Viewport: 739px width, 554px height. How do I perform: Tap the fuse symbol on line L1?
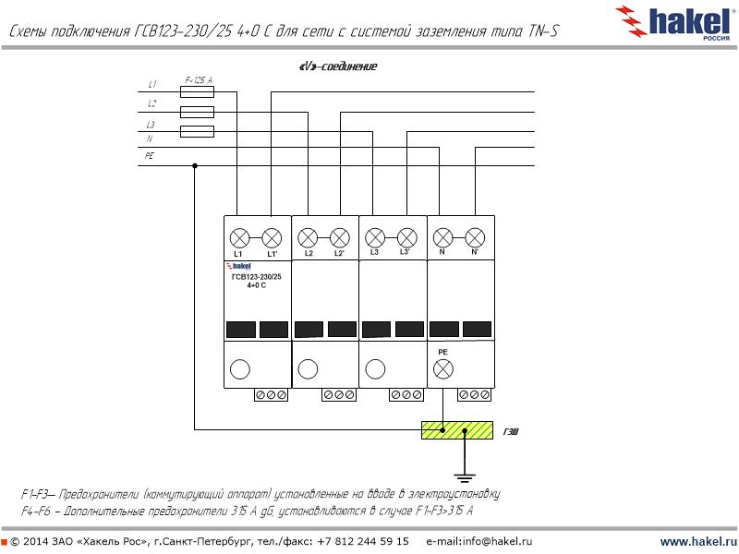[x=197, y=92]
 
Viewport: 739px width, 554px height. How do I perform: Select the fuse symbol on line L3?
[x=197, y=131]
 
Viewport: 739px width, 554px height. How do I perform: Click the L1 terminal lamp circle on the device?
[x=239, y=236]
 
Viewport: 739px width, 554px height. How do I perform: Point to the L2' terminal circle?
[x=339, y=236]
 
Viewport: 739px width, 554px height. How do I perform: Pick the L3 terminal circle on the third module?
[x=374, y=236]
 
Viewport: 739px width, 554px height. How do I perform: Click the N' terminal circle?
[x=475, y=236]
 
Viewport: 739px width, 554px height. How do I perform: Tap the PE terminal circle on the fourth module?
[x=443, y=369]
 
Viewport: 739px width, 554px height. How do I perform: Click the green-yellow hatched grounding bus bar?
[x=458, y=429]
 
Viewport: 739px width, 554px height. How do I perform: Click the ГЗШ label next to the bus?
[x=511, y=430]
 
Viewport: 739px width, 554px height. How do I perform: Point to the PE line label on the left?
[x=150, y=156]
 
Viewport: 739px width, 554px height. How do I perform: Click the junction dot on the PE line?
[x=195, y=166]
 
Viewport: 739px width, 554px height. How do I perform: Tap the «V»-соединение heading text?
[x=338, y=66]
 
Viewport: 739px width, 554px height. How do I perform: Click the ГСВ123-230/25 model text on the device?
[x=256, y=277]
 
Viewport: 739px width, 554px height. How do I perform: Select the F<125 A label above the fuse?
[x=199, y=81]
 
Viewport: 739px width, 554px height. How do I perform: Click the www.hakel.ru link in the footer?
[x=698, y=541]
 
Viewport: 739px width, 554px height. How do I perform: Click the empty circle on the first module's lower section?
[x=240, y=369]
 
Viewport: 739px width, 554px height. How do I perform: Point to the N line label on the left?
[x=149, y=139]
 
